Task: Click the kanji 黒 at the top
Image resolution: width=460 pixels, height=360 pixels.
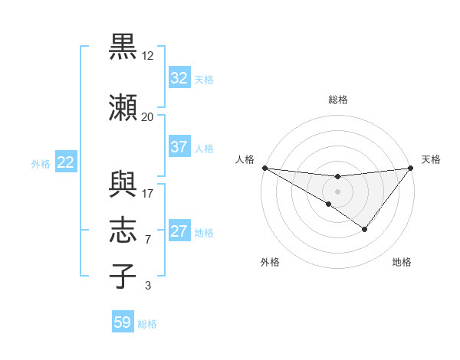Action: pos(124,47)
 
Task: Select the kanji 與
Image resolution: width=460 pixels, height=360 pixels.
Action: pos(124,183)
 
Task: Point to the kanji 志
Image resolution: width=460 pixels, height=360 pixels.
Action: pos(124,229)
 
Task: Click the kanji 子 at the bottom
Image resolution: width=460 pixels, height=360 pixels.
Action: pos(124,276)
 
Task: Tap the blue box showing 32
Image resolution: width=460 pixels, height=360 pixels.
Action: pos(179,78)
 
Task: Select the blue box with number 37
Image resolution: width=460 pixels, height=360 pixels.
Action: pos(179,147)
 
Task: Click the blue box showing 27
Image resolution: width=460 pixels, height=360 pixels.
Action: pos(179,231)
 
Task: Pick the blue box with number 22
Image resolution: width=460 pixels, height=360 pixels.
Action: pos(66,162)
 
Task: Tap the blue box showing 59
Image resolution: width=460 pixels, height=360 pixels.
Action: pos(123,322)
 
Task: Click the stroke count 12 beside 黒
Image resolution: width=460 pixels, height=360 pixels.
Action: pos(148,56)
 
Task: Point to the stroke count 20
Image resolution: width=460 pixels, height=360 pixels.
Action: pos(147,117)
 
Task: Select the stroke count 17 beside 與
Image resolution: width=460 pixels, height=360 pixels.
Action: pos(147,193)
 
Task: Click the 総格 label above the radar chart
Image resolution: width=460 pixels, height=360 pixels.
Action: pos(337,100)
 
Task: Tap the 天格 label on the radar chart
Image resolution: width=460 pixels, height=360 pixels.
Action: pos(431,159)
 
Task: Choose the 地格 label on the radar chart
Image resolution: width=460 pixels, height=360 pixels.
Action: pos(402,262)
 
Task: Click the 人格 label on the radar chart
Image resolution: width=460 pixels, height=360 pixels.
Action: pos(245,159)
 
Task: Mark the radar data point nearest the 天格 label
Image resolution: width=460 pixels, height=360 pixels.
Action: pos(411,168)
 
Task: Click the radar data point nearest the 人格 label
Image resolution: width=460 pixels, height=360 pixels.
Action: pos(264,168)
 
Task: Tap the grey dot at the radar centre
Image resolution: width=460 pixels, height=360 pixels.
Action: pos(337,191)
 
